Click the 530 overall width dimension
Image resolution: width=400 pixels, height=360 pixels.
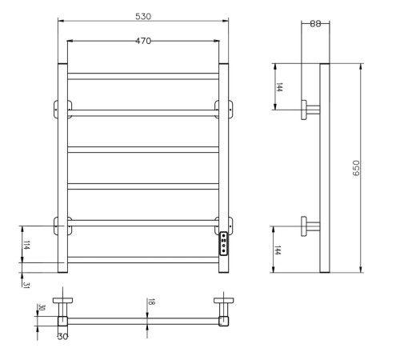click(144, 16)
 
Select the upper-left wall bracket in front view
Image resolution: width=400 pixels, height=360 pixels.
click(62, 108)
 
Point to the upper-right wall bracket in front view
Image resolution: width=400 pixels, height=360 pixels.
click(224, 108)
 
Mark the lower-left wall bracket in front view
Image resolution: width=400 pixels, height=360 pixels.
click(62, 225)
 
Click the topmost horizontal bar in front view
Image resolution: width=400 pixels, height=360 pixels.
click(144, 76)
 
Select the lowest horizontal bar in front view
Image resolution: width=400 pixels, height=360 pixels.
click(144, 259)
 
